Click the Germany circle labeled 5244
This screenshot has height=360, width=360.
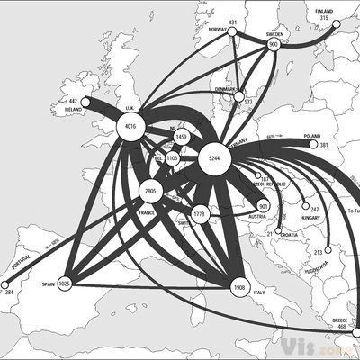click(x=213, y=158)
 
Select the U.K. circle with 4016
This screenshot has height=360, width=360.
click(x=131, y=128)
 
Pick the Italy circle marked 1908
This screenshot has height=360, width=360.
click(x=238, y=288)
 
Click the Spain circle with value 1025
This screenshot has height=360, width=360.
click(x=65, y=283)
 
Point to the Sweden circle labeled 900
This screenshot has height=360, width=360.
click(x=274, y=43)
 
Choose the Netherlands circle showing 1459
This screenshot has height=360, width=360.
click(x=181, y=138)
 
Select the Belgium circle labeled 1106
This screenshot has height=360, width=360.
click(x=172, y=158)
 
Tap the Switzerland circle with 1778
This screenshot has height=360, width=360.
click(x=200, y=214)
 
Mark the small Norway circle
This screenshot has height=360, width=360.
click(x=232, y=32)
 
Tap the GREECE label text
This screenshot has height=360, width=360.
click(x=339, y=319)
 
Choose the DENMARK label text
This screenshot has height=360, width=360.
click(x=224, y=89)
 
